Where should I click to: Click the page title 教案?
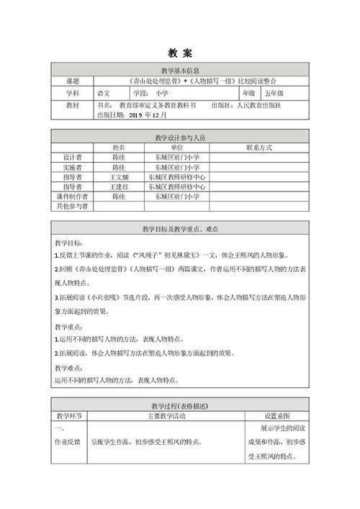180,53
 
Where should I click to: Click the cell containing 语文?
105,94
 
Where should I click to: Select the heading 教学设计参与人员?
180,136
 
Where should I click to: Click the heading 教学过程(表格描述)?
180,406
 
